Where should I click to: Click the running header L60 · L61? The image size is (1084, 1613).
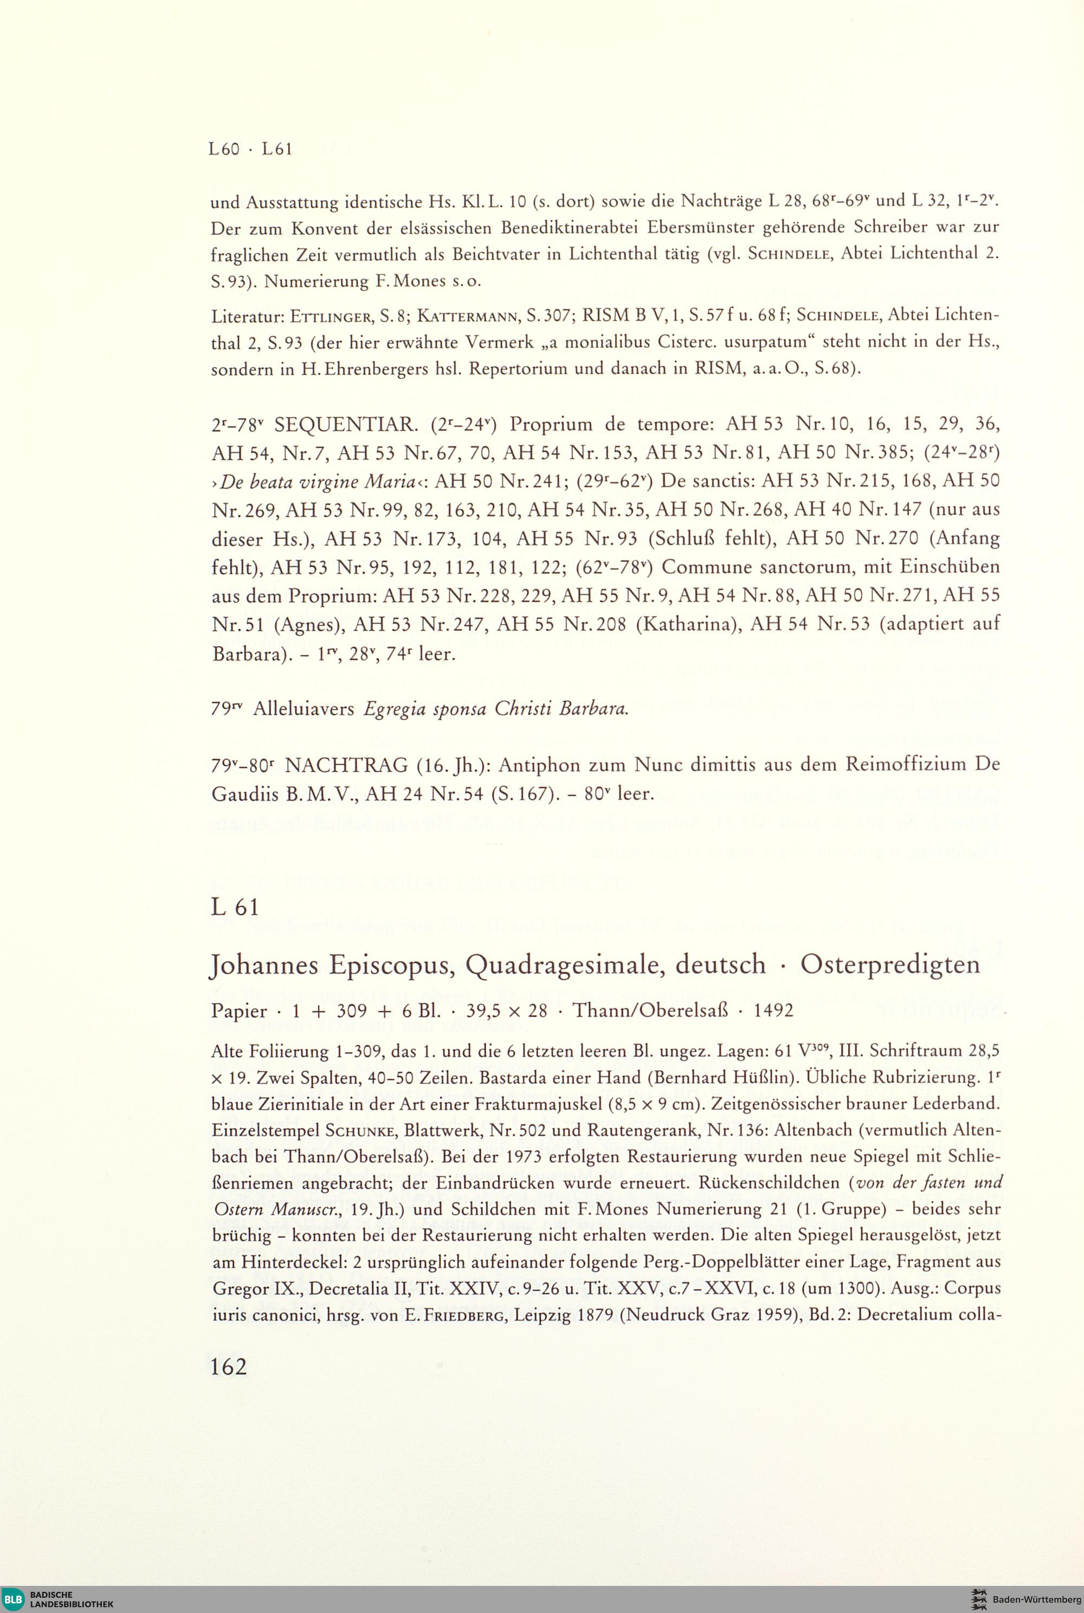click(250, 149)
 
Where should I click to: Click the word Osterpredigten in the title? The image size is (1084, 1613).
click(890, 964)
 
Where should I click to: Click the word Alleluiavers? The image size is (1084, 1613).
click(304, 709)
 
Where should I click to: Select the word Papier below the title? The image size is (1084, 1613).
click(238, 1011)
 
